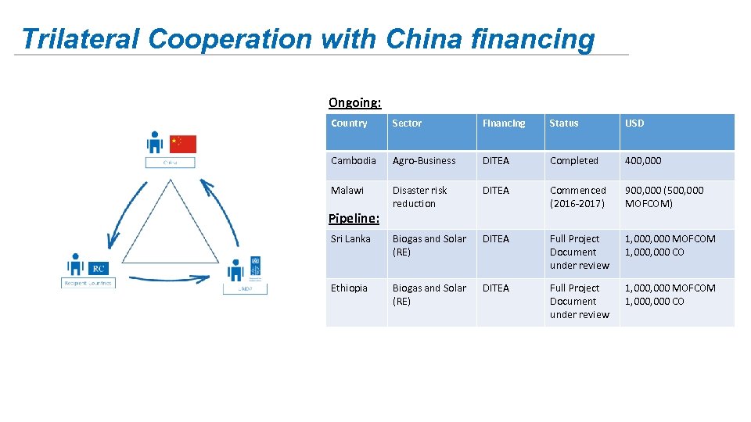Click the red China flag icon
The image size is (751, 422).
[x=183, y=144]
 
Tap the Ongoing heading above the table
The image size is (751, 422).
[x=354, y=102]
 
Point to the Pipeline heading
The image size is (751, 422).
[x=354, y=218]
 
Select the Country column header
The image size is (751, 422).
[x=349, y=123]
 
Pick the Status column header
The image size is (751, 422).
[x=564, y=123]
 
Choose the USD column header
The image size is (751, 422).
[x=634, y=123]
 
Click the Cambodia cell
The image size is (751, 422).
[x=354, y=161]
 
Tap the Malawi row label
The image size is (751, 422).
[x=347, y=191]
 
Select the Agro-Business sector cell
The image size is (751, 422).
[x=424, y=161]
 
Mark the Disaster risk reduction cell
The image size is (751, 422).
[x=420, y=197]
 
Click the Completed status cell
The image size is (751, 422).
[x=573, y=161]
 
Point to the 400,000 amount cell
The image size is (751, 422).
[x=643, y=161]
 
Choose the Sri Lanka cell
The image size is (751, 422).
[x=350, y=239]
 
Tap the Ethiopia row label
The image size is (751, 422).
[x=349, y=288]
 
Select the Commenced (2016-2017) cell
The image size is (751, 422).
[x=578, y=197]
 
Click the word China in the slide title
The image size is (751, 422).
[x=427, y=38]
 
